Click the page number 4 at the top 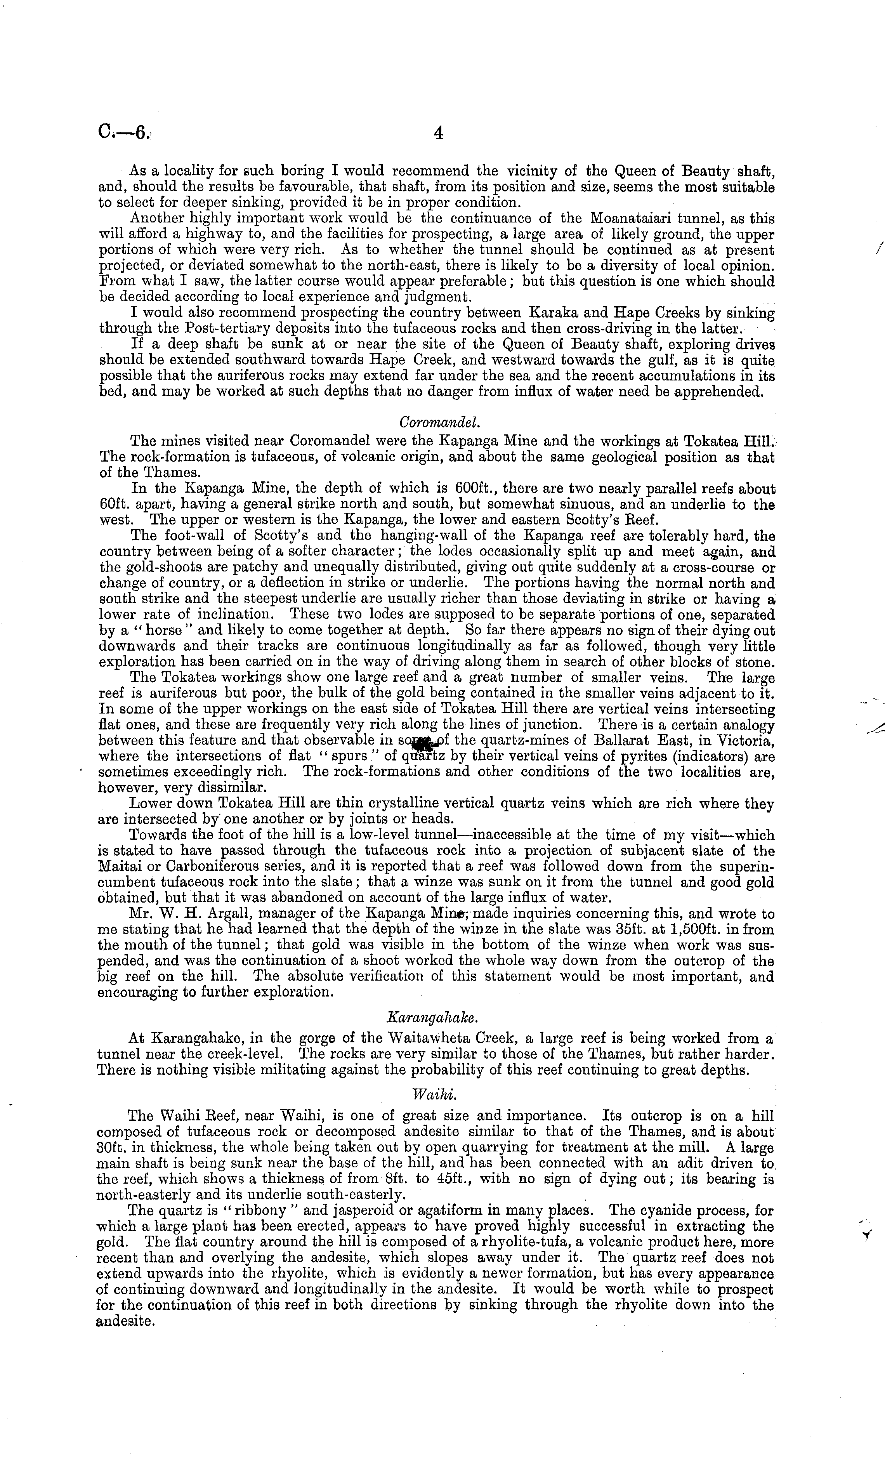(438, 134)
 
